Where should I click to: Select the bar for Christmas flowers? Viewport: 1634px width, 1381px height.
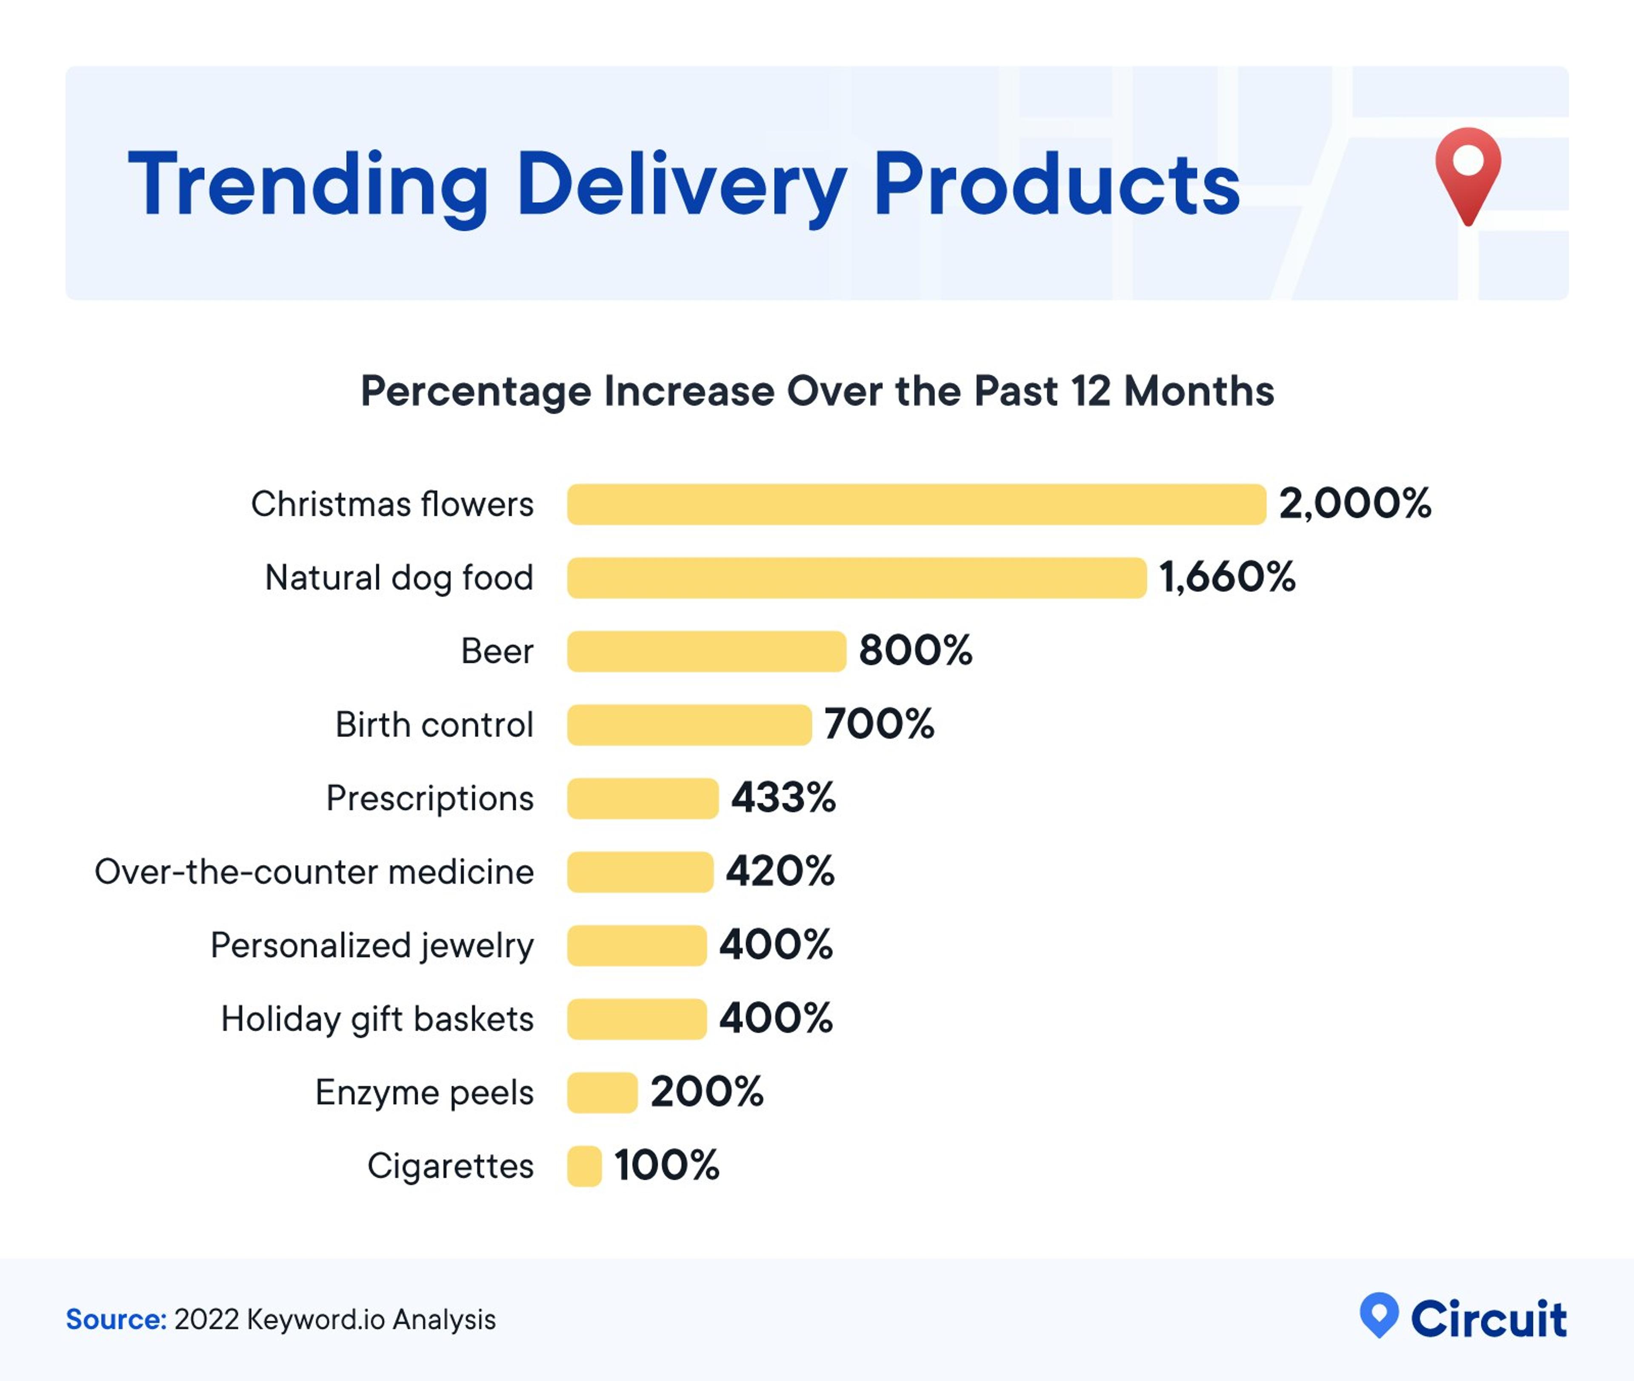[x=916, y=504]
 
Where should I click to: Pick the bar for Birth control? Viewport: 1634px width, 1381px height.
[x=688, y=725]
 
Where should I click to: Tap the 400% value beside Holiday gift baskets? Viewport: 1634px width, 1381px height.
[x=776, y=1018]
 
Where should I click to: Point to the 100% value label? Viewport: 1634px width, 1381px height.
[x=666, y=1166]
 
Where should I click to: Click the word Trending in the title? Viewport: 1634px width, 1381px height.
[x=308, y=185]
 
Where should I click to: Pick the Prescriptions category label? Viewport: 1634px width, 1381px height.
[x=430, y=798]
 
